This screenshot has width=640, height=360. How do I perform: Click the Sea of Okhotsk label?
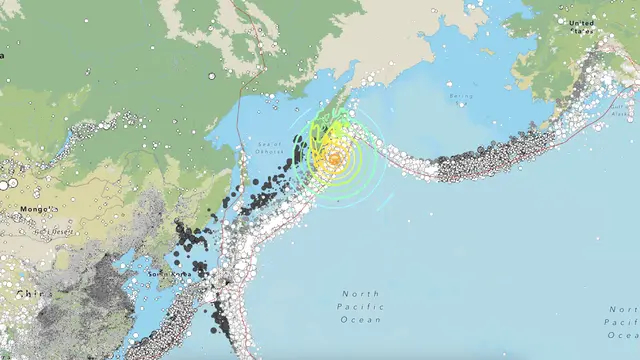coord(271,150)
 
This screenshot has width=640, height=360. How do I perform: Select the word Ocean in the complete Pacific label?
coord(362,320)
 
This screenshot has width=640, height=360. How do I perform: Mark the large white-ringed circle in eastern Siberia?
coord(211,76)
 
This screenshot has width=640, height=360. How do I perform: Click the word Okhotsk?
coord(271,154)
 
